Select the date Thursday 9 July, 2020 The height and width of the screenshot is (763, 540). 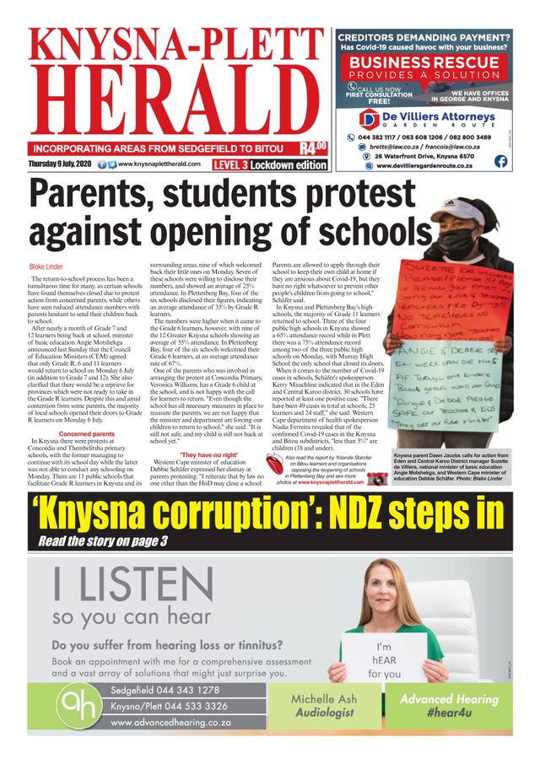click(60, 164)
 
